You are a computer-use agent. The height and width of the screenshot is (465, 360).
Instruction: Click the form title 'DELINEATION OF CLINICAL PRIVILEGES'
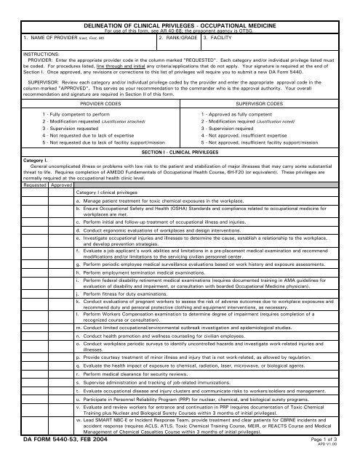tap(180, 5)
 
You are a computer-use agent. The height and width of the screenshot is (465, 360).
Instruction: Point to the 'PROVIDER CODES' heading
tap(121, 104)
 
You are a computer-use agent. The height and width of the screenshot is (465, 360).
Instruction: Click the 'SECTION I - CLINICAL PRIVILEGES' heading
tap(180, 155)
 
